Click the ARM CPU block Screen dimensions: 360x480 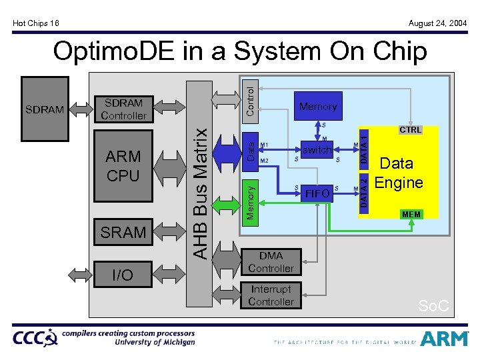(x=123, y=166)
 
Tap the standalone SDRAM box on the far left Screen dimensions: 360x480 (x=44, y=109)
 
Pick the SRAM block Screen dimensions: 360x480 (x=123, y=232)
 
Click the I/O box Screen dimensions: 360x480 (x=123, y=275)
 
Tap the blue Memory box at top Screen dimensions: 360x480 (x=318, y=106)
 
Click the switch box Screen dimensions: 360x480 (x=317, y=150)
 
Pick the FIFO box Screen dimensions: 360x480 (x=317, y=193)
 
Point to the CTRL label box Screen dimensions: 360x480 (x=410, y=130)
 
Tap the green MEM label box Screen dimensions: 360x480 (x=411, y=214)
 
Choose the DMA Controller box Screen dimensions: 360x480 (x=271, y=262)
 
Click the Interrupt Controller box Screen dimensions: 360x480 (x=271, y=295)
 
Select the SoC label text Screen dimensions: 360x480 (x=433, y=306)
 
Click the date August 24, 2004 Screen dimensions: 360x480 (x=437, y=23)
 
